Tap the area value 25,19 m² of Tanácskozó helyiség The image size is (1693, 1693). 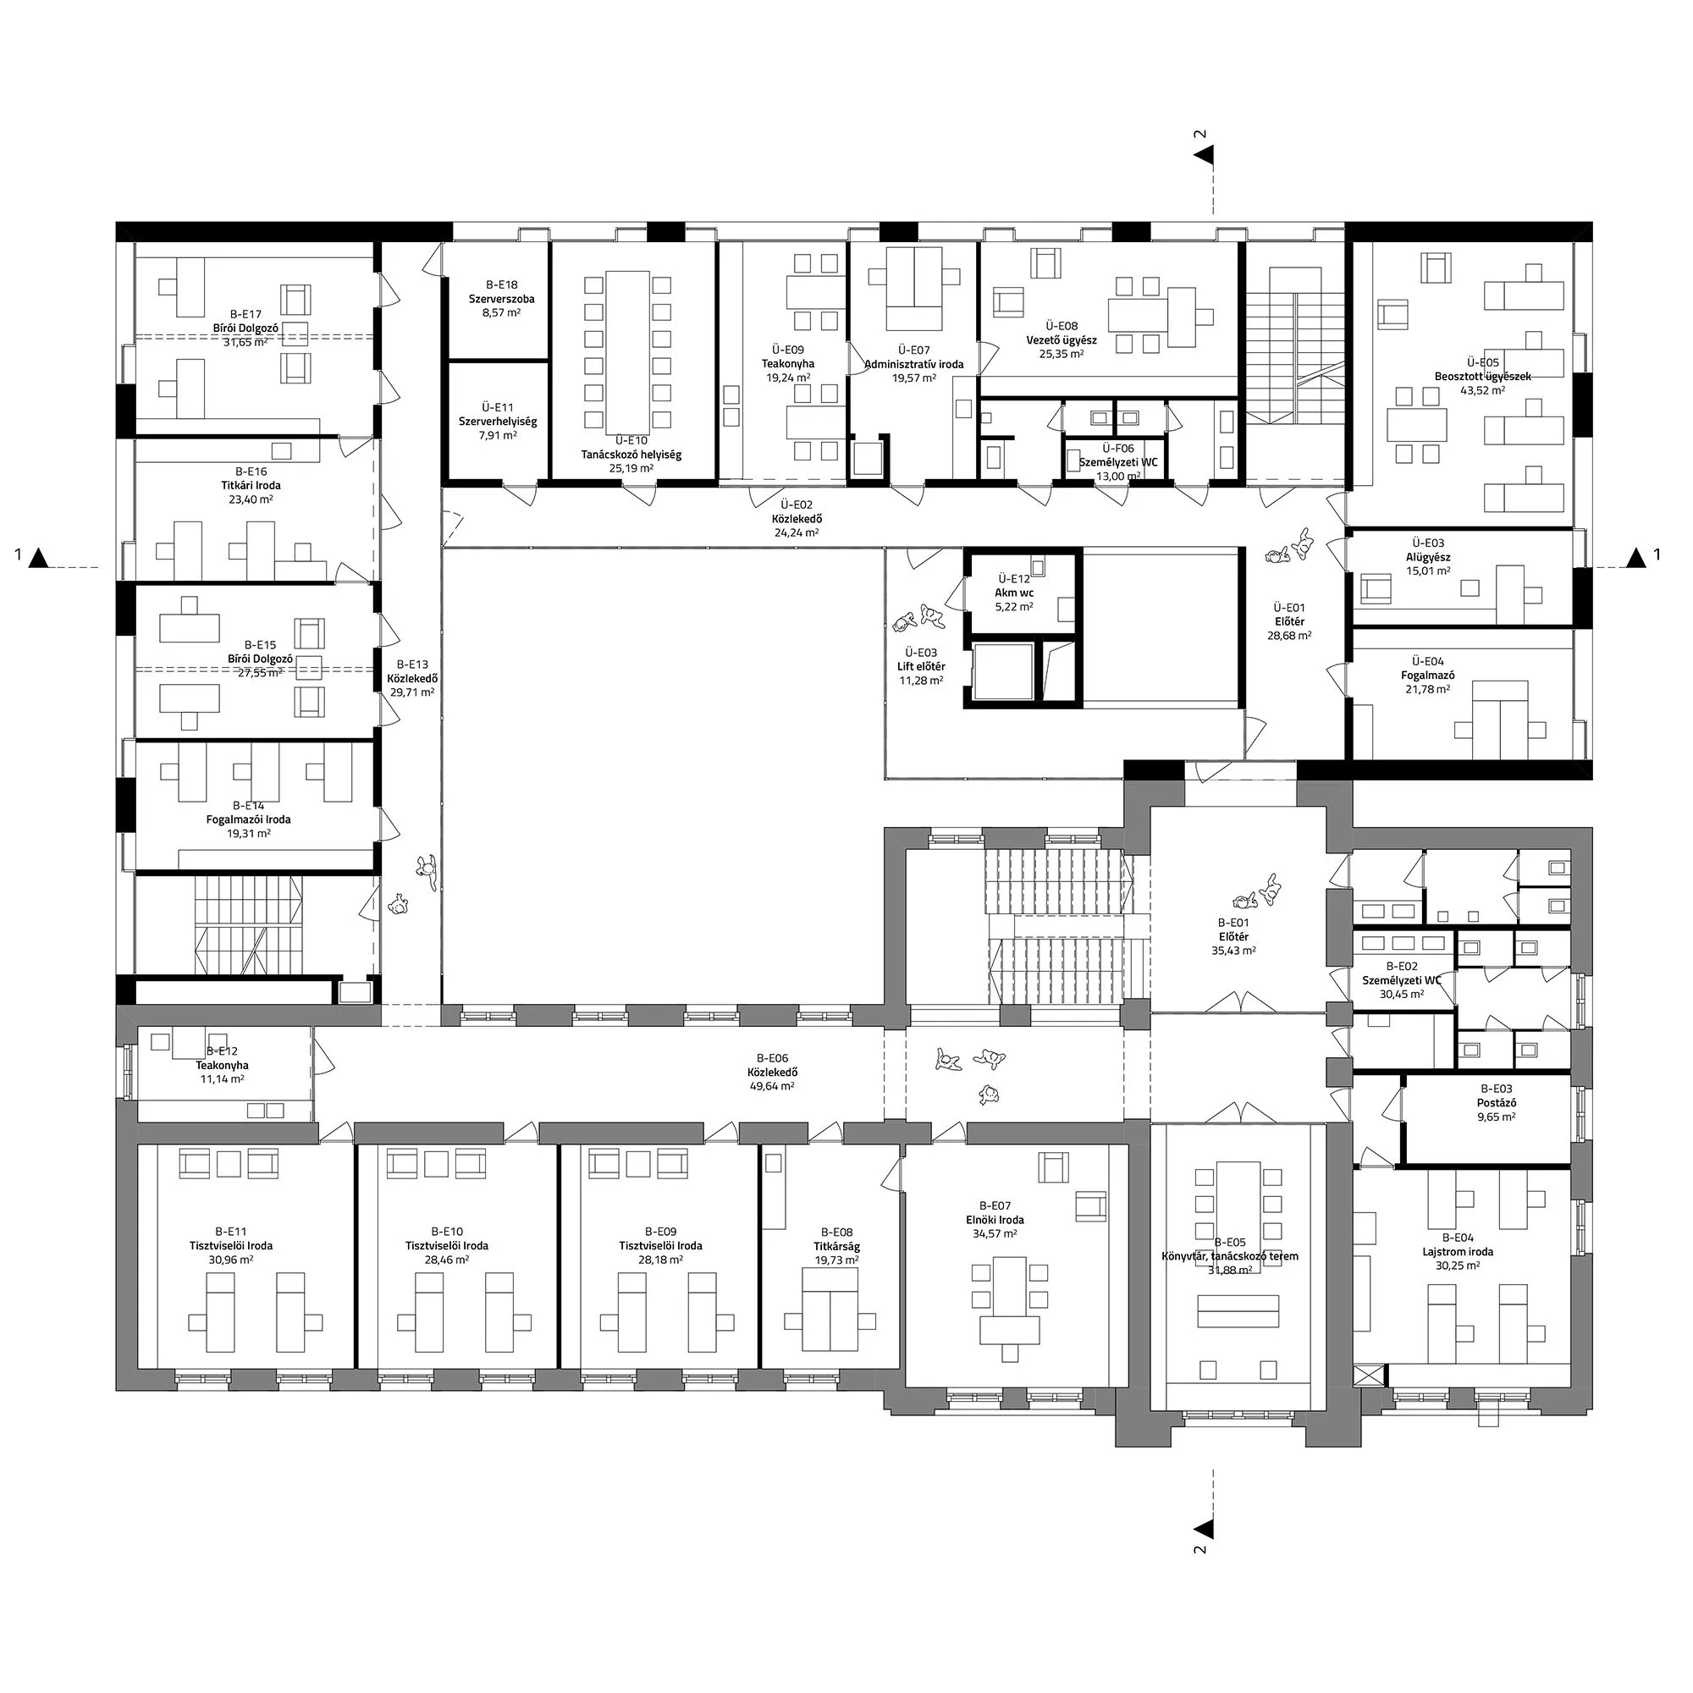(631, 469)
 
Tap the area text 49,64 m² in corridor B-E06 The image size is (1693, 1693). (771, 1086)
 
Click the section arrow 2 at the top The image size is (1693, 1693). (1205, 155)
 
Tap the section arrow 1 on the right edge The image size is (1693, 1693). (1635, 557)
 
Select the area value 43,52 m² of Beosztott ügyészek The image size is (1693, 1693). (1483, 391)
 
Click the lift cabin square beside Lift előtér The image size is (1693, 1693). (1002, 671)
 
